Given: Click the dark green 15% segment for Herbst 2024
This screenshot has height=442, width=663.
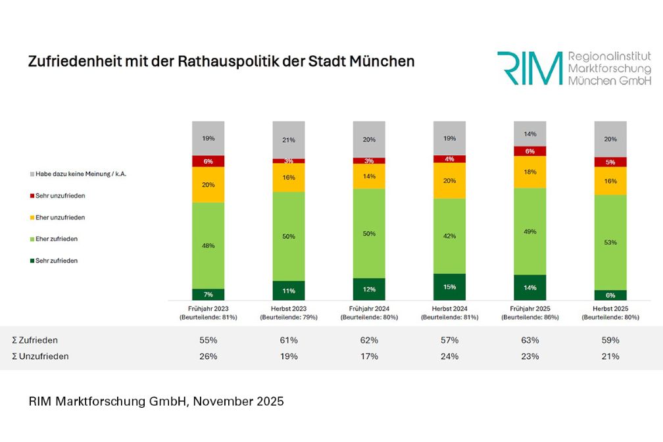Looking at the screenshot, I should [x=449, y=287].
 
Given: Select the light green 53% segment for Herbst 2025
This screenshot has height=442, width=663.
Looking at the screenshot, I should [x=610, y=242].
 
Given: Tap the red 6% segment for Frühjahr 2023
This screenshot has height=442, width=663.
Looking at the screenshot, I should [x=208, y=161].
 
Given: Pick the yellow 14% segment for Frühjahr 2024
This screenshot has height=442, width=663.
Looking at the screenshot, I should [x=369, y=176].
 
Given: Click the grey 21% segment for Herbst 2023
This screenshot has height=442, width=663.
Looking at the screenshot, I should [x=289, y=139].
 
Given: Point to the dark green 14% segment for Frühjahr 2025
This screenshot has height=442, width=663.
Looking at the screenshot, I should [x=530, y=287].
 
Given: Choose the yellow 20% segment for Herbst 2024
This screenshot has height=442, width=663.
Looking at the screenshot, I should [x=449, y=180].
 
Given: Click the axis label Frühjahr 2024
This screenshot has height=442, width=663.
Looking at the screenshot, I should [x=369, y=308].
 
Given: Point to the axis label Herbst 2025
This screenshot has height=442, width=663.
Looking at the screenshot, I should [x=610, y=308].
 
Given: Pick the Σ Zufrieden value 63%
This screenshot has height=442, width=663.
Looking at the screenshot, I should [x=530, y=340].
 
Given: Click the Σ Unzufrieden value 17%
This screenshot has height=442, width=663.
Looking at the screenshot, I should [x=369, y=356].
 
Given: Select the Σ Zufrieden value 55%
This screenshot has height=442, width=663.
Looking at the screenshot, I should [x=208, y=340].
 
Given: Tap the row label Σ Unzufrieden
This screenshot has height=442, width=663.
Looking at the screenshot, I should [x=40, y=356].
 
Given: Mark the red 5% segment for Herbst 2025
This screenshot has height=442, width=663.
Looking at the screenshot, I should [x=610, y=162].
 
